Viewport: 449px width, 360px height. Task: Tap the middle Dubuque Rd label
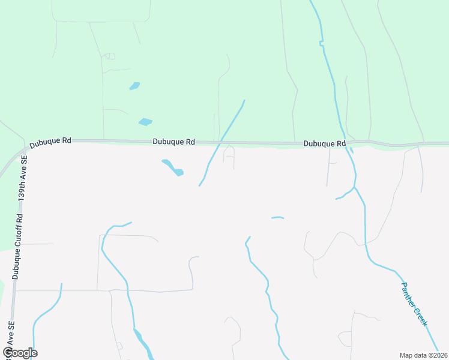(x=173, y=142)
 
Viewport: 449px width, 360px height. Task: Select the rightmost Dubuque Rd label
(x=325, y=144)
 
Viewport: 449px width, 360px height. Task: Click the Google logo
(x=20, y=353)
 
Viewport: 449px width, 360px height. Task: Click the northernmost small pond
(x=134, y=86)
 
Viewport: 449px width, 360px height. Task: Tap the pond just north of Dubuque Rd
(x=145, y=122)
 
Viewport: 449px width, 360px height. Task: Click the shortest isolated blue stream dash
(x=277, y=218)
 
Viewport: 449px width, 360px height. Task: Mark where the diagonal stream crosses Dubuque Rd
(x=222, y=142)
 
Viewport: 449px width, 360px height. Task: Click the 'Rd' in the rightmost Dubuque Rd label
(x=341, y=144)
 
